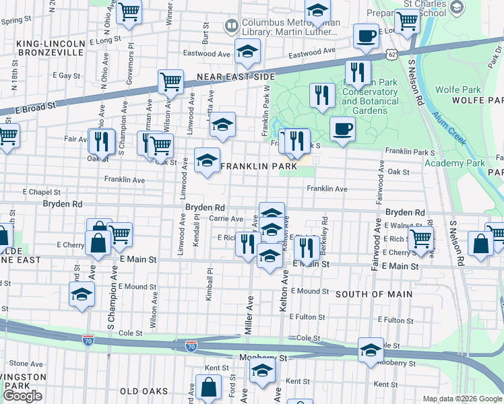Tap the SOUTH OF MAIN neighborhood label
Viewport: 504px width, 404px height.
pos(369,294)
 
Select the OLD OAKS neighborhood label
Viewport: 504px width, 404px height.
pos(142,391)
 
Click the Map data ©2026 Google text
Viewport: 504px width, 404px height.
pos(462,399)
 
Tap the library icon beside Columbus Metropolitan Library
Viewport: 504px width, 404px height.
pos(231,26)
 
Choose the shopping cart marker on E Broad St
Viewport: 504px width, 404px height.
pos(170,81)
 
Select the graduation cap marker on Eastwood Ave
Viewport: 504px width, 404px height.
pos(247,51)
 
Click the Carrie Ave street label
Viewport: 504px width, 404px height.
pos(226,219)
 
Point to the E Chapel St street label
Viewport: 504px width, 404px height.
pos(41,192)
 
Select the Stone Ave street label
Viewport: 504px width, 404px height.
pos(27,364)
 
